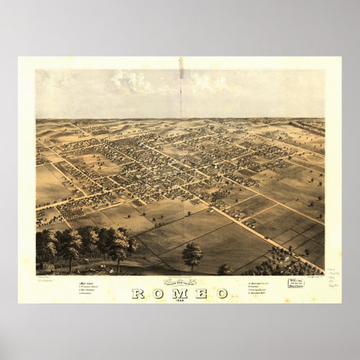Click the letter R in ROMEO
tap(138, 293)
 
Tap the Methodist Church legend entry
tap(259, 283)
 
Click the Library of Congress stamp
tap(296, 283)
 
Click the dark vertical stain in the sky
tap(181, 68)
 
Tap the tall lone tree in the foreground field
tap(192, 255)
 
